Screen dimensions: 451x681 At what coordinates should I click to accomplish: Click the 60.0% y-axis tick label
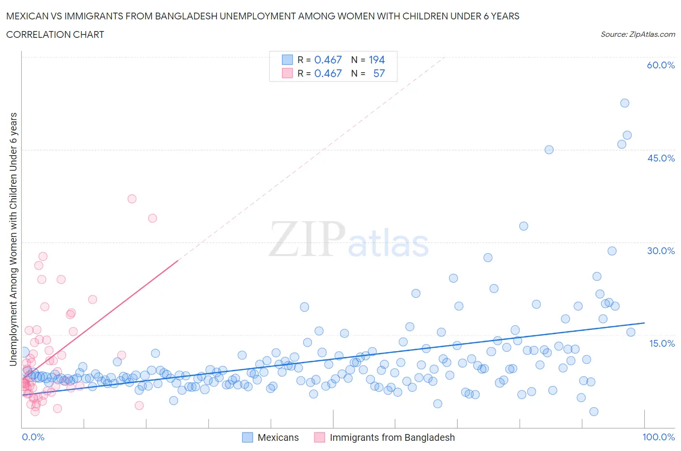click(660, 65)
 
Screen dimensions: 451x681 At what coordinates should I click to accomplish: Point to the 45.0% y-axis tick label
click(660, 158)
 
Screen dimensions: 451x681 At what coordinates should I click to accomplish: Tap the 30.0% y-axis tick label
click(660, 251)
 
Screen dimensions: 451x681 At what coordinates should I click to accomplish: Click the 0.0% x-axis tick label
click(33, 437)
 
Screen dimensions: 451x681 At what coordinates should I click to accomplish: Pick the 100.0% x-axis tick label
click(658, 437)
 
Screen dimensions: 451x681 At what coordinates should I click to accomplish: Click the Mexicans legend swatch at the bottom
click(248, 437)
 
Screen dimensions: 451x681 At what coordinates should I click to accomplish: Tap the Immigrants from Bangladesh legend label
click(392, 437)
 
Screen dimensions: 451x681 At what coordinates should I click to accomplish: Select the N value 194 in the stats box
click(376, 60)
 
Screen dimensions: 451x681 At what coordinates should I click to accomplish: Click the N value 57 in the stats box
click(379, 73)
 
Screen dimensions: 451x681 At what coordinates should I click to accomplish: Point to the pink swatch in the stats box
click(287, 73)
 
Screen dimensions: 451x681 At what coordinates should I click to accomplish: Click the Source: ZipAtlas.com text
click(637, 34)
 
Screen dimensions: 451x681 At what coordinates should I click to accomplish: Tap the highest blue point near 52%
click(624, 103)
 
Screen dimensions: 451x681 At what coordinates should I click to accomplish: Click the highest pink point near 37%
click(132, 199)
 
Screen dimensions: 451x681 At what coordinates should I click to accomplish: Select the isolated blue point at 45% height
click(549, 150)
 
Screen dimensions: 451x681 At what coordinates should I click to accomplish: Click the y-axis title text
click(13, 239)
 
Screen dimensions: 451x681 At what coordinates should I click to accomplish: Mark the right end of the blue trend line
click(644, 323)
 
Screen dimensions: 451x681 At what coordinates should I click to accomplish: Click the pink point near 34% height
click(153, 218)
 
